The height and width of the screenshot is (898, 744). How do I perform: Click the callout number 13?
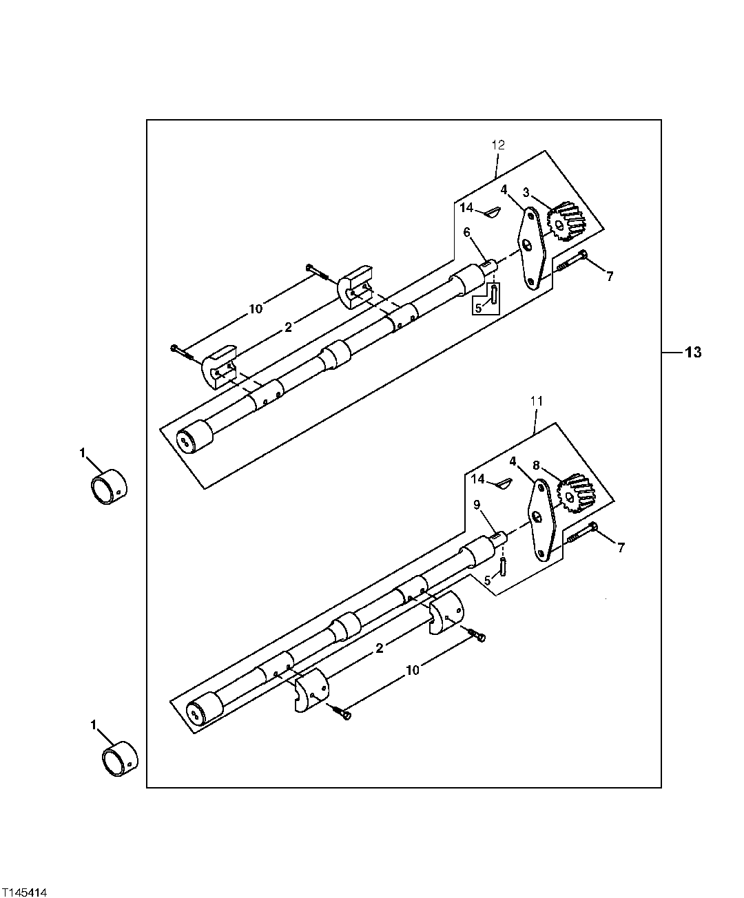click(692, 353)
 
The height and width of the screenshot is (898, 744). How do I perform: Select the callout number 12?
click(498, 145)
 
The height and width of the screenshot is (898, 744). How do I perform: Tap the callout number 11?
click(537, 400)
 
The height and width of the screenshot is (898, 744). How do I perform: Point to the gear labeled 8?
click(576, 495)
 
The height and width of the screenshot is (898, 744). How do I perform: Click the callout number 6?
click(466, 233)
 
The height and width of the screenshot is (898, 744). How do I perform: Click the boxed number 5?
click(478, 308)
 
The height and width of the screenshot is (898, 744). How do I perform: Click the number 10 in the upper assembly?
click(256, 309)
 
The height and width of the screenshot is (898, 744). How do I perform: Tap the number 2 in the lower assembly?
click(379, 648)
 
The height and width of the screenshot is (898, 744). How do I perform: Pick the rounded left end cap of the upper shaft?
click(194, 437)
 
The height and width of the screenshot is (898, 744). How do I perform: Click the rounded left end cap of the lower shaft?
click(205, 709)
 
